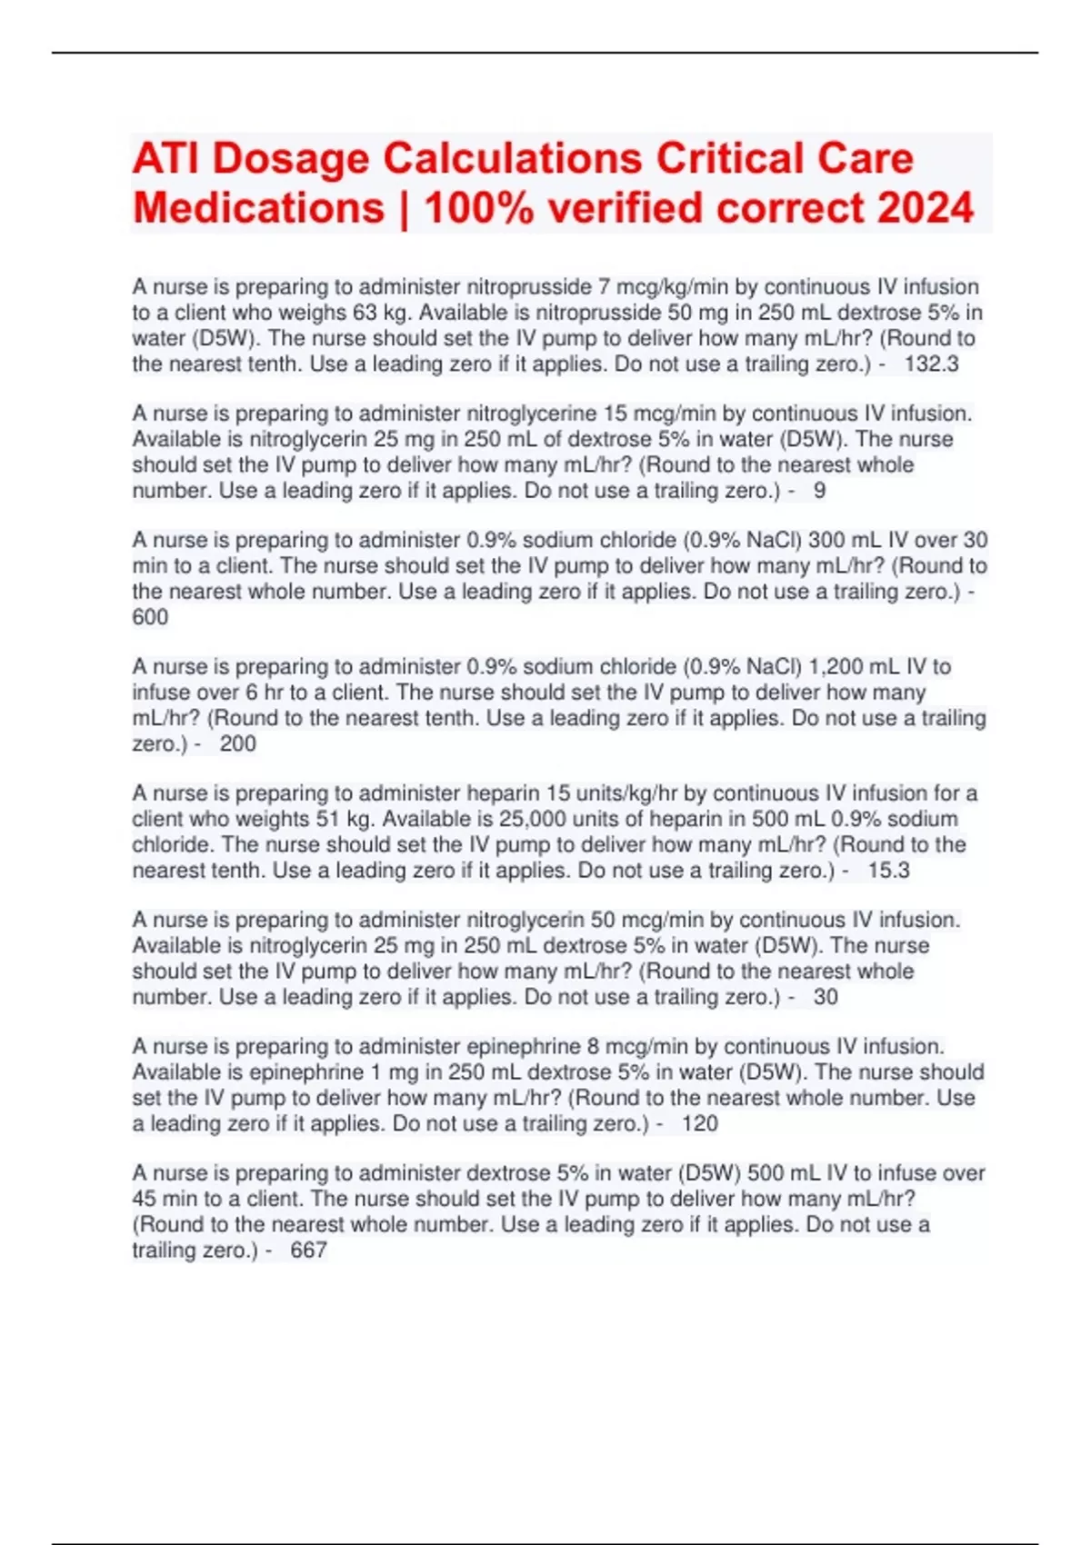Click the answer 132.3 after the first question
pyautogui.click(x=931, y=364)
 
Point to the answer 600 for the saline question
pyautogui.click(x=150, y=617)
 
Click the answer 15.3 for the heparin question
pyautogui.click(x=888, y=871)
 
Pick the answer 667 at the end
pyautogui.click(x=308, y=1251)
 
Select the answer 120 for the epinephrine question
pyautogui.click(x=699, y=1124)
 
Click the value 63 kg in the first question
pyautogui.click(x=366, y=313)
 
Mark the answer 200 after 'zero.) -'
pyautogui.click(x=237, y=744)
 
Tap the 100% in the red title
pyautogui.click(x=479, y=208)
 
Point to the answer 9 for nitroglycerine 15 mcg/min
pyautogui.click(x=819, y=491)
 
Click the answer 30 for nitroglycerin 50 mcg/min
pyautogui.click(x=826, y=997)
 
